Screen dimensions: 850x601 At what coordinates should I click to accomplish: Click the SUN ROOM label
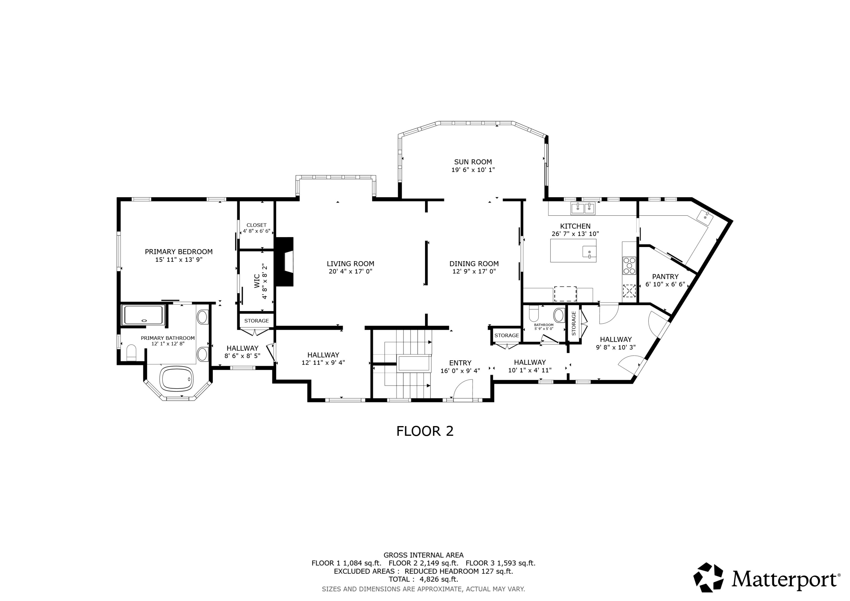[473, 162]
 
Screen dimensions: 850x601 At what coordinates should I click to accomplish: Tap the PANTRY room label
[665, 277]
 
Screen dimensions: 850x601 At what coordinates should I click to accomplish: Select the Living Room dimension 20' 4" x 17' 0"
[350, 271]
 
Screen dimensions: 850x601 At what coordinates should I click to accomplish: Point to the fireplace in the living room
[284, 262]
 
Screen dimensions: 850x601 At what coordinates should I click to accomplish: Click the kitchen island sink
[589, 251]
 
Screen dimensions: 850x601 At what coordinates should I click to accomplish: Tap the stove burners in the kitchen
[629, 266]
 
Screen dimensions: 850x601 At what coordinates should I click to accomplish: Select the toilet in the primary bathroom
[131, 352]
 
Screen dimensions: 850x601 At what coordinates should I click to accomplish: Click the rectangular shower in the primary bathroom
[143, 315]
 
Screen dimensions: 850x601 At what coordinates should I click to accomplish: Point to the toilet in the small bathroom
[534, 313]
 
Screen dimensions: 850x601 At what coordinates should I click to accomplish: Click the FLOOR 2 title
[425, 431]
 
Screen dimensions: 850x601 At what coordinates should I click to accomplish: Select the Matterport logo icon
[708, 578]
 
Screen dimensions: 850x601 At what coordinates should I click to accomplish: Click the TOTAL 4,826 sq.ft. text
[423, 579]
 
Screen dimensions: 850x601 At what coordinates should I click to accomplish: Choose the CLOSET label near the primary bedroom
[256, 225]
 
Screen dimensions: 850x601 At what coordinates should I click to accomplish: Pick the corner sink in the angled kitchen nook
[705, 218]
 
